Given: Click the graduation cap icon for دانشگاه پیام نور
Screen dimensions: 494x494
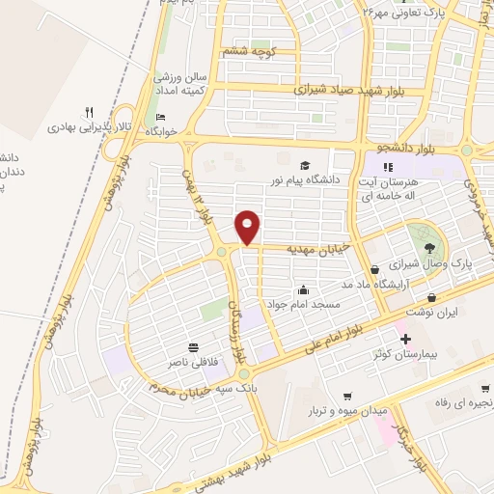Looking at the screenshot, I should (305, 165).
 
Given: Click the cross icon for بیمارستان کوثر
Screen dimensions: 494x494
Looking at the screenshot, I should (405, 339).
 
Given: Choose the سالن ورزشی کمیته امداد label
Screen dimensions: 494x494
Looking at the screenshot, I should (178, 82).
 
